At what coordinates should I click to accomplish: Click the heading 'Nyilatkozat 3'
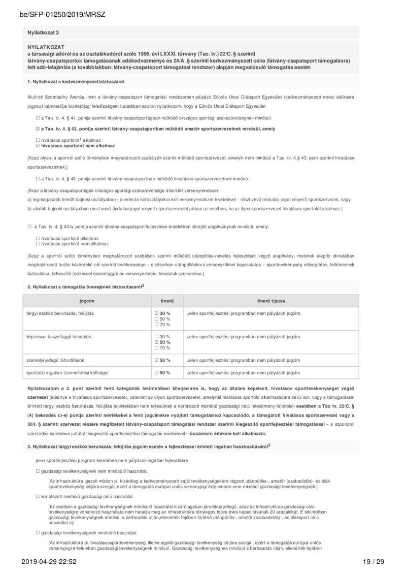(x=43, y=32)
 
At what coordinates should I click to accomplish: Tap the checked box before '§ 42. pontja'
(x=37, y=129)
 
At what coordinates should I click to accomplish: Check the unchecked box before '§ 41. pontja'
(x=37, y=117)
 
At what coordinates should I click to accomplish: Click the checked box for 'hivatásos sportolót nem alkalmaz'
(x=37, y=145)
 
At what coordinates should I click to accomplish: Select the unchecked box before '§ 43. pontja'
(x=37, y=179)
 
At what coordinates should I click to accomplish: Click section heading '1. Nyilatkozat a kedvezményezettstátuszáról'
(x=76, y=81)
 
